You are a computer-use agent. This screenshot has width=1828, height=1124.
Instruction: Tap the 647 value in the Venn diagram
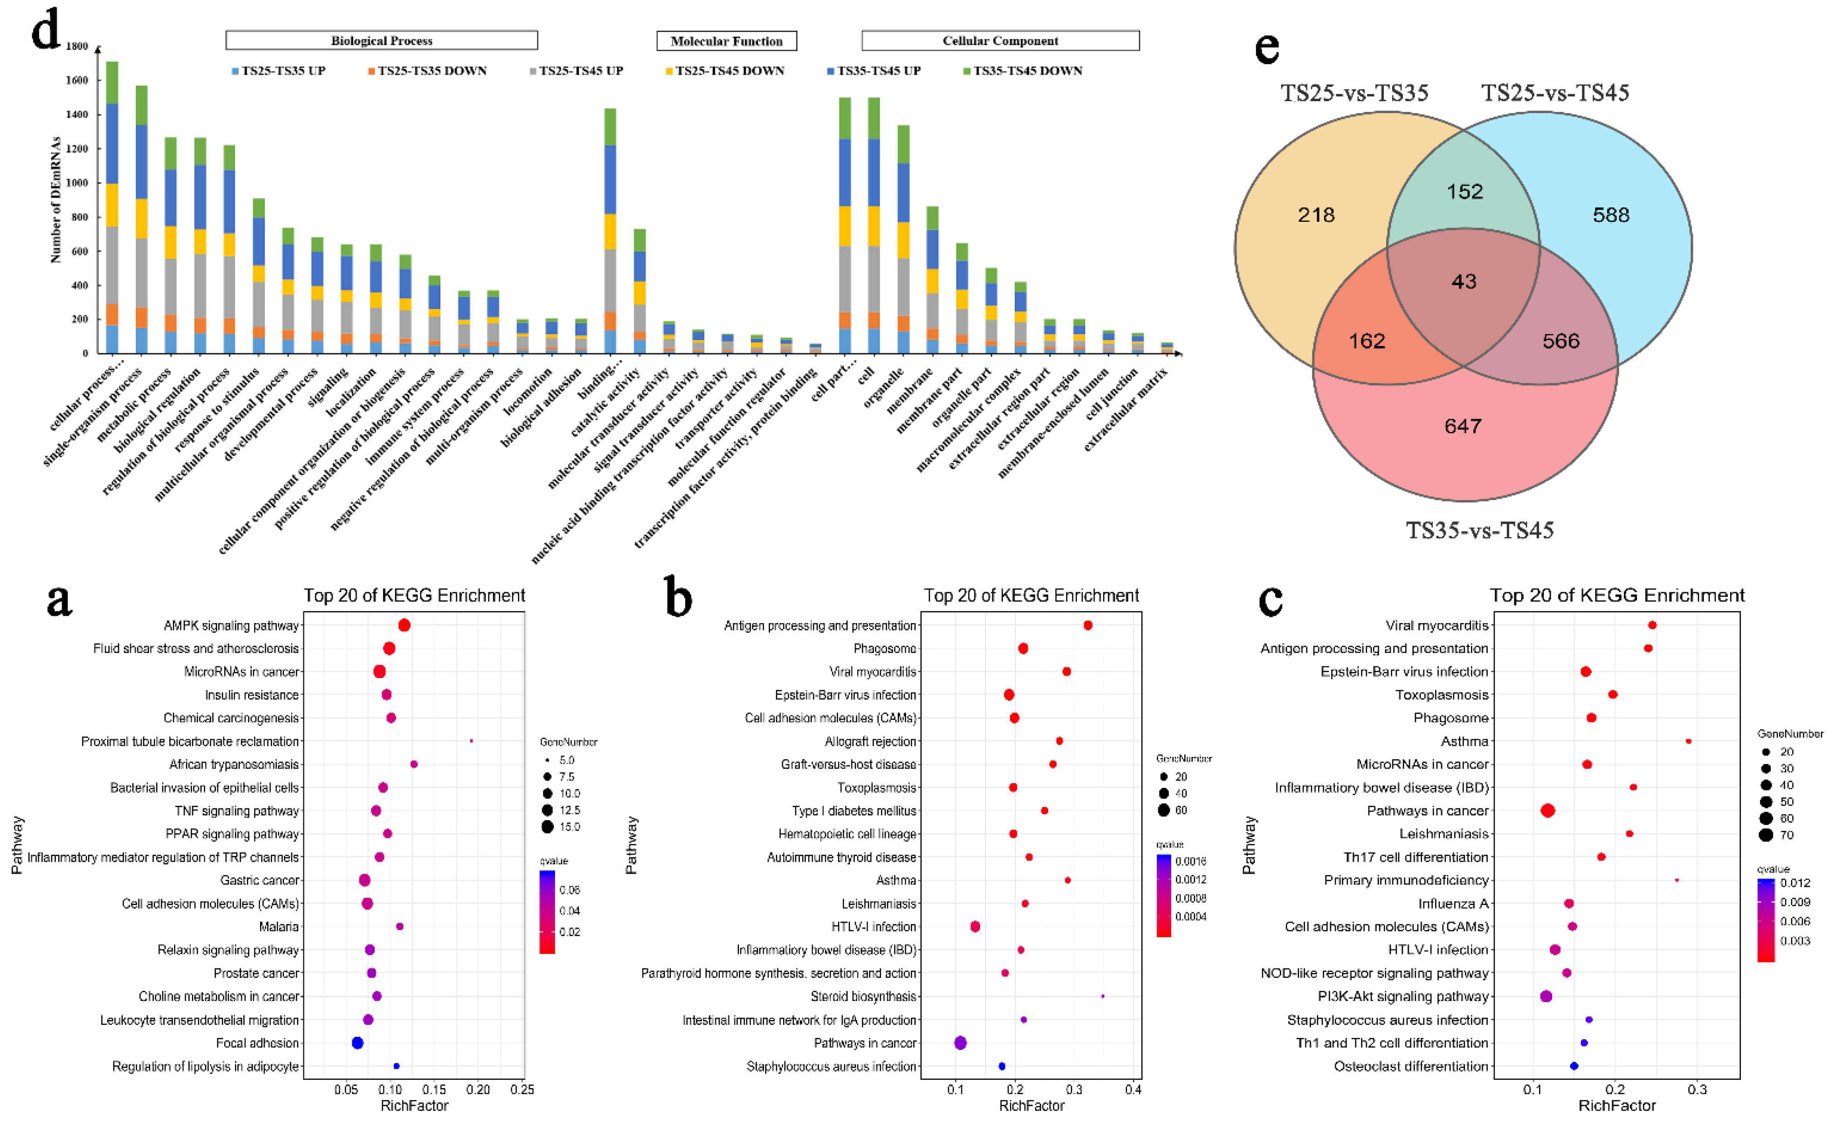point(1462,426)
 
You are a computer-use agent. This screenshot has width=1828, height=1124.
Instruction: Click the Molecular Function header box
point(726,41)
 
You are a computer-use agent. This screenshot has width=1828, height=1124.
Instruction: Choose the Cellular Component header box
point(999,41)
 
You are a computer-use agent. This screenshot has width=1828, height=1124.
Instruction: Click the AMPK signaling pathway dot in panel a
point(404,625)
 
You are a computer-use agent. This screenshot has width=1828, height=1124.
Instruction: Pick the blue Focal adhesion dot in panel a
point(357,1043)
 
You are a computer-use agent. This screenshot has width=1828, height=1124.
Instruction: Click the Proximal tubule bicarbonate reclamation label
point(190,741)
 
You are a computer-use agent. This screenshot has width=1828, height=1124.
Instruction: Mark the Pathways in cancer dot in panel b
point(960,1043)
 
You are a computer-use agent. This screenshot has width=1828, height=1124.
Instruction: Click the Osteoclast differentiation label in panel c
point(1410,1066)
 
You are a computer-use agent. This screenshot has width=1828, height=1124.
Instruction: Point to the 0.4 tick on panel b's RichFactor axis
point(1132,1090)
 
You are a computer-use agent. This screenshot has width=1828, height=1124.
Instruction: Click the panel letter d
point(46,31)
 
